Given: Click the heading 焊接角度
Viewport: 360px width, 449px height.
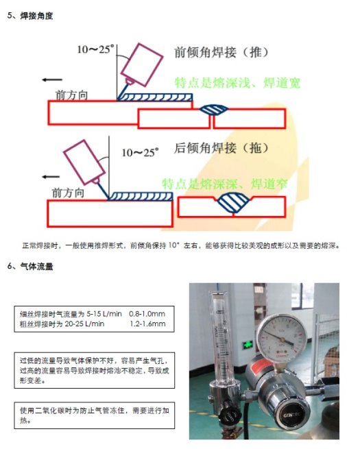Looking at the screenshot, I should click(36, 14).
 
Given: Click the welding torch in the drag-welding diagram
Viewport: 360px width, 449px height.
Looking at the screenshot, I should click(82, 162).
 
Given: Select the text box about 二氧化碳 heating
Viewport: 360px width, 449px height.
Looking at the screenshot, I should click(95, 415).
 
